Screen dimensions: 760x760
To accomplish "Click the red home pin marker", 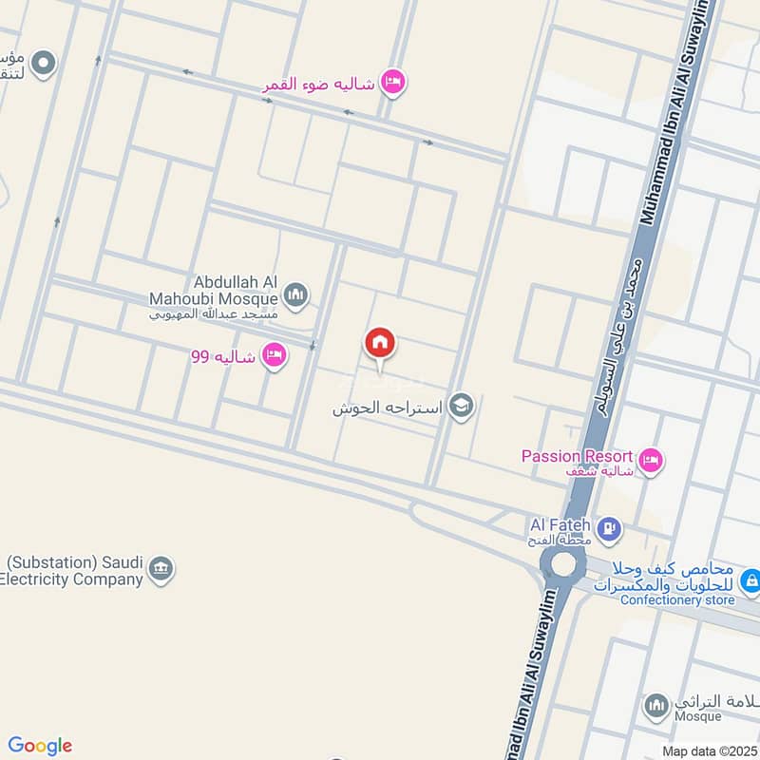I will pos(380,344).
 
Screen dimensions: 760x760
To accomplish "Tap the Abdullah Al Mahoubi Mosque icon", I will pos(295,295).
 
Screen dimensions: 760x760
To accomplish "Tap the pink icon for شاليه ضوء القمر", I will pos(393,84).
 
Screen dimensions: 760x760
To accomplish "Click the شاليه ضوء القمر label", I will pos(319,85).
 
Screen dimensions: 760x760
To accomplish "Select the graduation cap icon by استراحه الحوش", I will pos(461,407).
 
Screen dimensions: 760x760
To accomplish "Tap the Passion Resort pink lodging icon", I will pos(651,462).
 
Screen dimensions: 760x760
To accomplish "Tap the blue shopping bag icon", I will pos(750,579).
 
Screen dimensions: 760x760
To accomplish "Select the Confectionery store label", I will pos(677,599).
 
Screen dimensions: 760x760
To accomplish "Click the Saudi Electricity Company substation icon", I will pos(162,570).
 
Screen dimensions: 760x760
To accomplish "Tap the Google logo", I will pos(39,746).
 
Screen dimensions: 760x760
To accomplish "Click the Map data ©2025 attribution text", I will pos(708,750).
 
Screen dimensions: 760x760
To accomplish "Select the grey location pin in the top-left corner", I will pos(44,65).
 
